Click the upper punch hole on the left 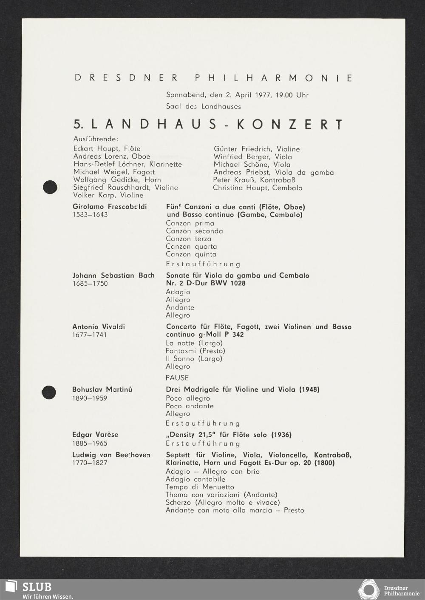click(50, 187)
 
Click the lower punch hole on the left click(49, 392)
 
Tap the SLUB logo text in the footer click(37, 587)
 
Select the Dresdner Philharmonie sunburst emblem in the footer click(368, 590)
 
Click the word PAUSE click(177, 378)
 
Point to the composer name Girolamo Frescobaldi click(110, 207)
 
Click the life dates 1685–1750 click(90, 284)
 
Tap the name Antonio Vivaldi click(99, 327)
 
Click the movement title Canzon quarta click(191, 247)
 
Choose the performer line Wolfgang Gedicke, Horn click(117, 180)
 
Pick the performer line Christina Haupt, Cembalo click(258, 188)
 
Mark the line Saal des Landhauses click(203, 106)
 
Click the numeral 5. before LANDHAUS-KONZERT click(79, 125)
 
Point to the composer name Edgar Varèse click(95, 435)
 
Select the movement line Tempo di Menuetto click(200, 487)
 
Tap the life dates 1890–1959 click(90, 398)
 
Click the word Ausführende click(96, 139)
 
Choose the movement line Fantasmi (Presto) click(195, 351)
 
